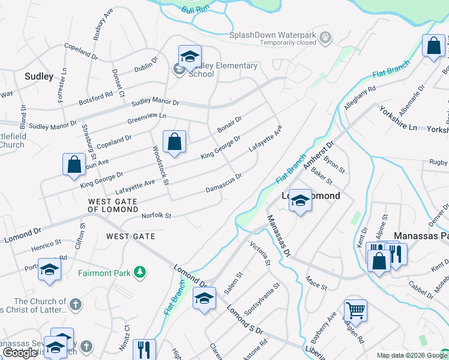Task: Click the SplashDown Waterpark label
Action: (x=273, y=35)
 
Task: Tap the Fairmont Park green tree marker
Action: (x=140, y=272)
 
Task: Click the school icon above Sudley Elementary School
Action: (x=190, y=56)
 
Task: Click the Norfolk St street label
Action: (x=156, y=215)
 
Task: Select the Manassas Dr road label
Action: (x=278, y=235)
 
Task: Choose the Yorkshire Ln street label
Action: (x=397, y=118)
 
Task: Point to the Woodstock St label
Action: (x=159, y=166)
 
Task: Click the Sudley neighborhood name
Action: (x=38, y=76)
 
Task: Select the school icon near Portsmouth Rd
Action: (x=49, y=269)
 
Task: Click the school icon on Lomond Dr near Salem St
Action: (x=204, y=298)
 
